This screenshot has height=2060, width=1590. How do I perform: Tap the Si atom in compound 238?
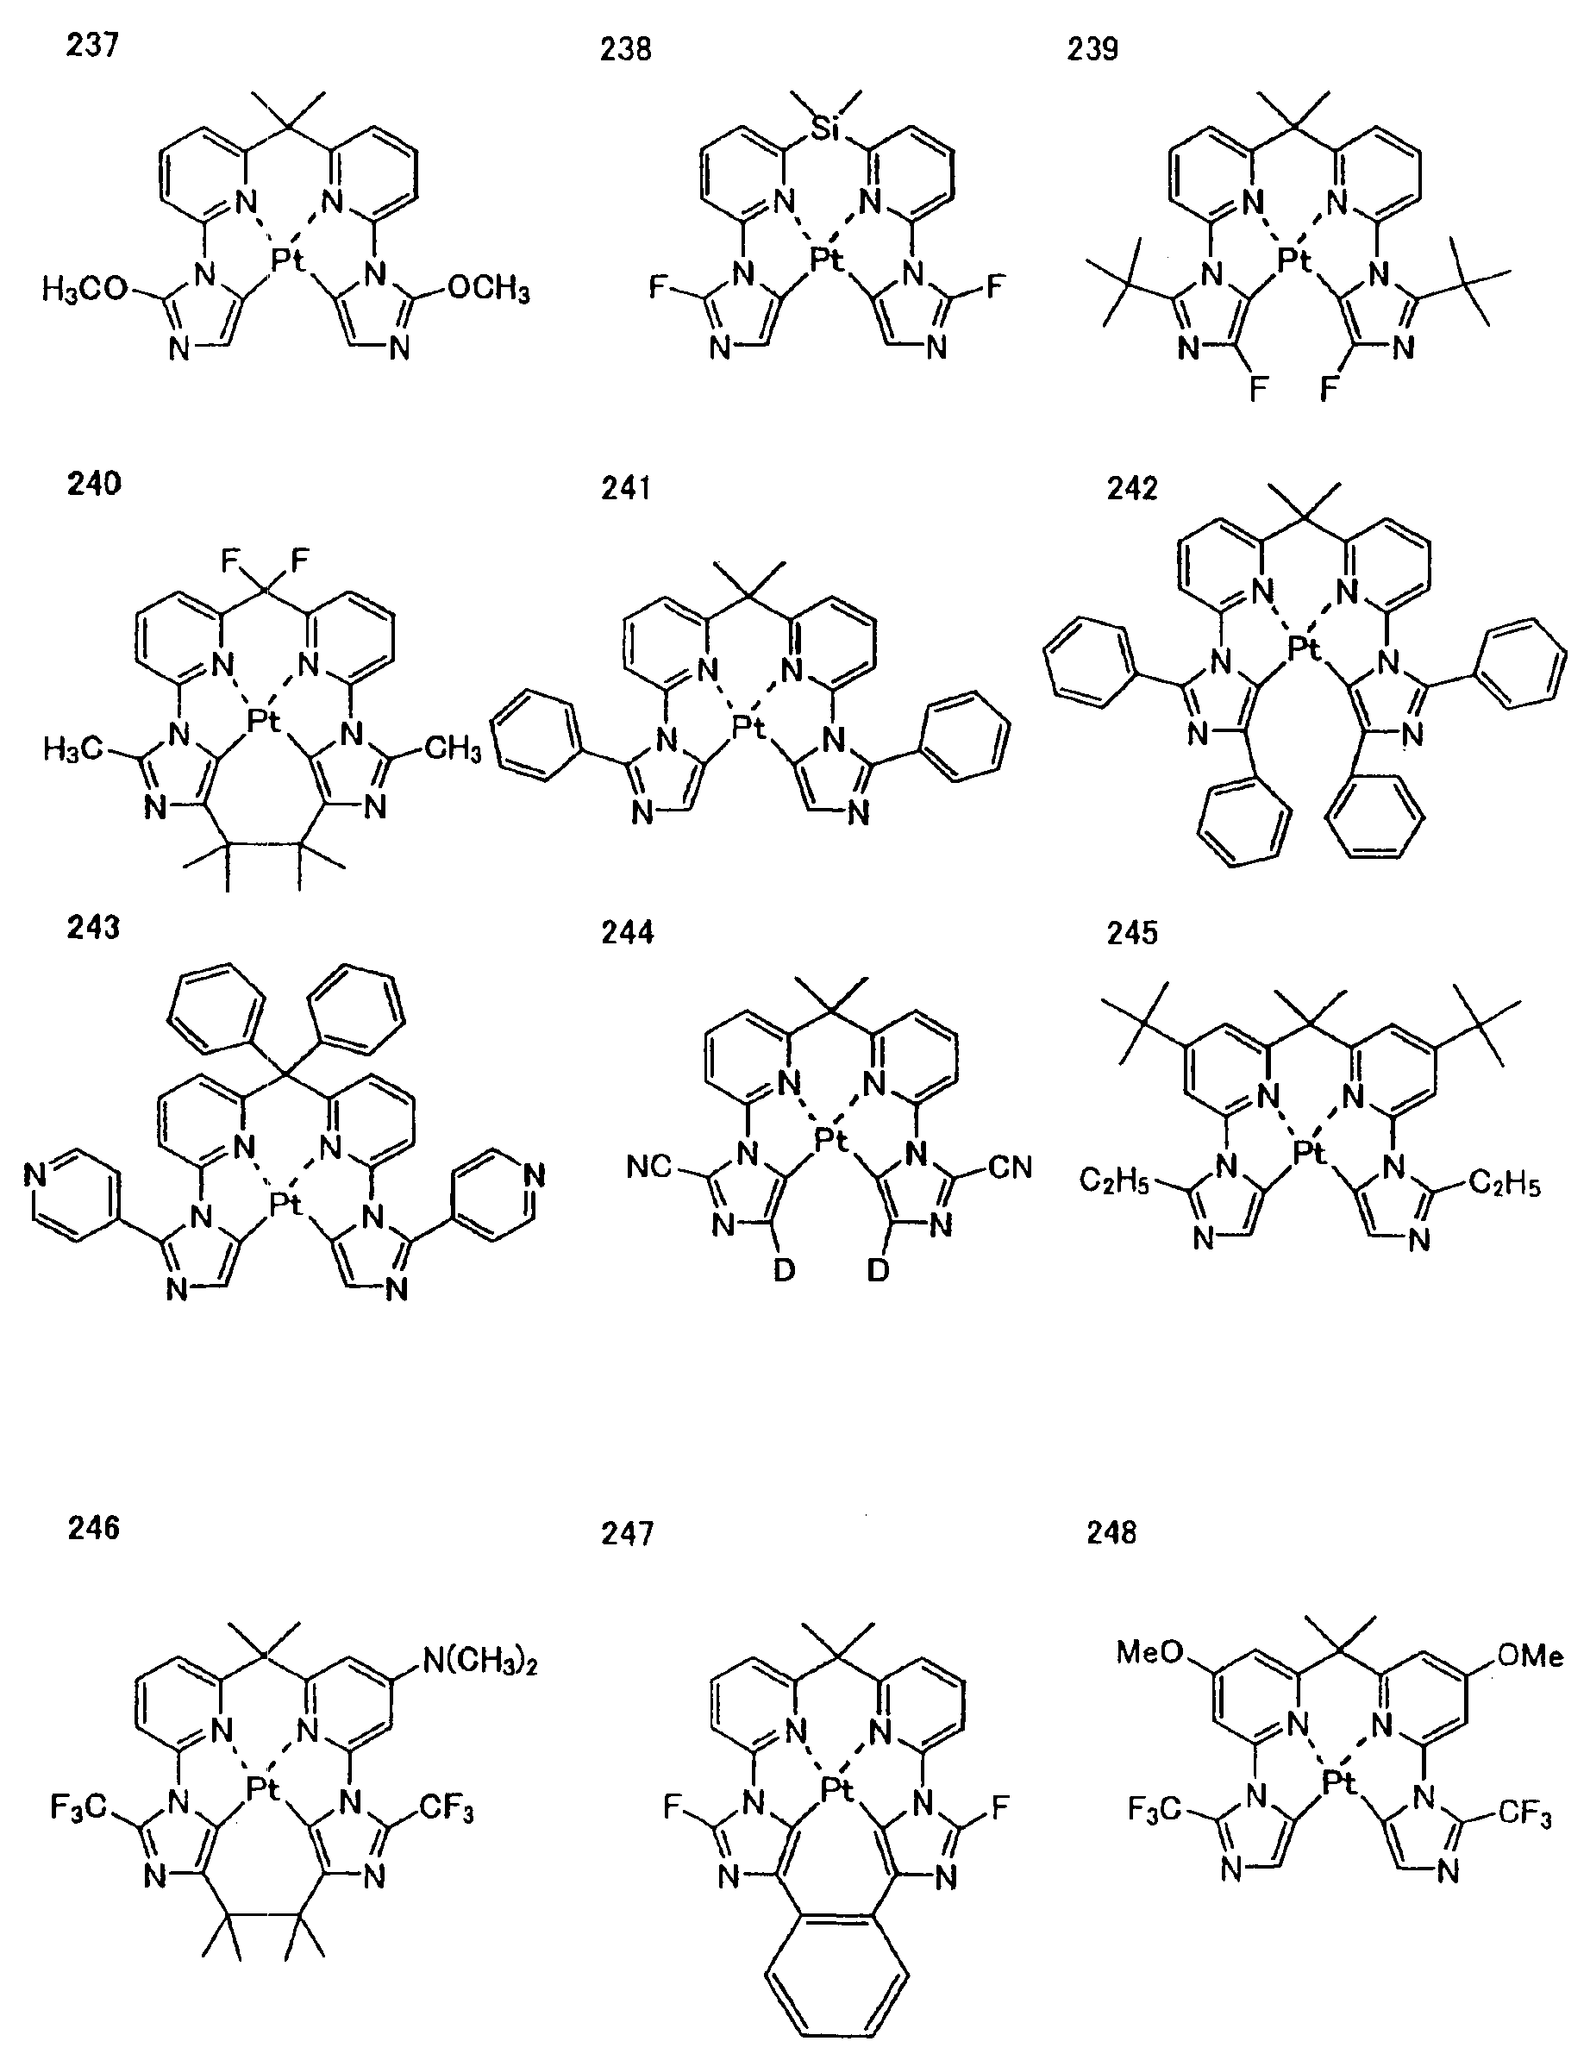tap(826, 129)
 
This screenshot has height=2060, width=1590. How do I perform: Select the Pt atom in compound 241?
tap(750, 725)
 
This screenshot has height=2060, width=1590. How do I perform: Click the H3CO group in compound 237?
tap(85, 289)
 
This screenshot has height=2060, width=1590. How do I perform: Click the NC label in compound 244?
tap(650, 1168)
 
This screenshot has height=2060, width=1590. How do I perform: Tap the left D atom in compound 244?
tap(784, 1270)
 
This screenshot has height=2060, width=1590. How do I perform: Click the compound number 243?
tap(93, 927)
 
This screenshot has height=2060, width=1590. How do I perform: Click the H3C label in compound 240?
tap(72, 750)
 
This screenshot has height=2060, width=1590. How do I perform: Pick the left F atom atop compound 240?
tap(228, 561)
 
